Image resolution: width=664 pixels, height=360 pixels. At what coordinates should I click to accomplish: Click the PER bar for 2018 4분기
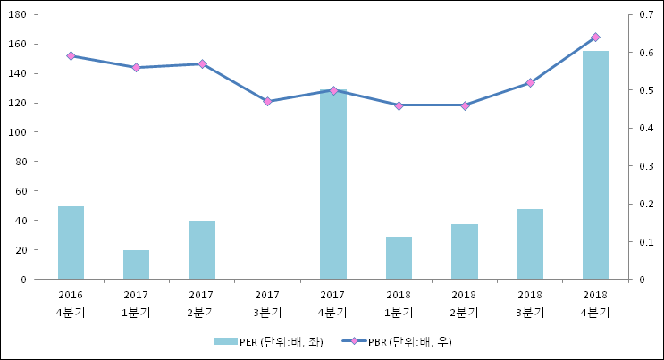click(x=595, y=165)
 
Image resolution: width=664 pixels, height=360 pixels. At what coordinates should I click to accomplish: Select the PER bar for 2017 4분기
click(x=333, y=185)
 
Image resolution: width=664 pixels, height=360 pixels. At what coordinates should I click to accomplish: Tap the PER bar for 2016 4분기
click(x=71, y=243)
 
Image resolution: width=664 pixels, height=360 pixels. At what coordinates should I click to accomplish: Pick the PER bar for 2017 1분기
click(x=136, y=264)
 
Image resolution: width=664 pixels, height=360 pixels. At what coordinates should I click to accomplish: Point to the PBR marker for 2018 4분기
click(x=595, y=37)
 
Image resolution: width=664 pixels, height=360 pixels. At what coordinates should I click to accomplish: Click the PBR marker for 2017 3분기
click(x=267, y=102)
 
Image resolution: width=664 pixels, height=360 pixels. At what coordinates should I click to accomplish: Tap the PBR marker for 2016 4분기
click(x=71, y=55)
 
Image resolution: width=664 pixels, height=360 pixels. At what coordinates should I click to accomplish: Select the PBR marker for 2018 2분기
click(x=465, y=105)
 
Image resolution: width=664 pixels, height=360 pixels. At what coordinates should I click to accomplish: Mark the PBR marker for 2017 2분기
click(x=202, y=64)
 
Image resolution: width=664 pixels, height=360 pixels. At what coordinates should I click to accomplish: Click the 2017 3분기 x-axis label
click(x=267, y=303)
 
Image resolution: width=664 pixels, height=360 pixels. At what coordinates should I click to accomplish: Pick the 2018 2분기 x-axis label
click(x=464, y=303)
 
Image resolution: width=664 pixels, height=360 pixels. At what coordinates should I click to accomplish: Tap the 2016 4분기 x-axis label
click(x=71, y=303)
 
